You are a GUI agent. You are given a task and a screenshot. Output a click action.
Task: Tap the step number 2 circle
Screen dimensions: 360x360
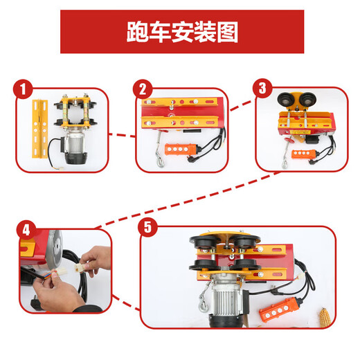143,89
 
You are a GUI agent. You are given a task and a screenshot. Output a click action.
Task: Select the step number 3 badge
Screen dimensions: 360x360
262,89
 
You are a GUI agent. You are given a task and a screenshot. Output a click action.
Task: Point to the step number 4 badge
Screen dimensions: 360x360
26,229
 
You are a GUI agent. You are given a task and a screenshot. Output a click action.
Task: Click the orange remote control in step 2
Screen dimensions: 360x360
186,150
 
